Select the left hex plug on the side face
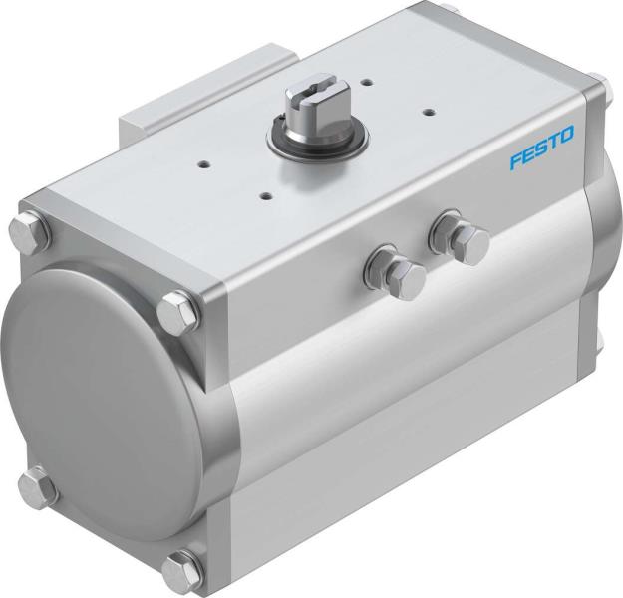397,275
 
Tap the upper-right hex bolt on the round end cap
180,309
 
